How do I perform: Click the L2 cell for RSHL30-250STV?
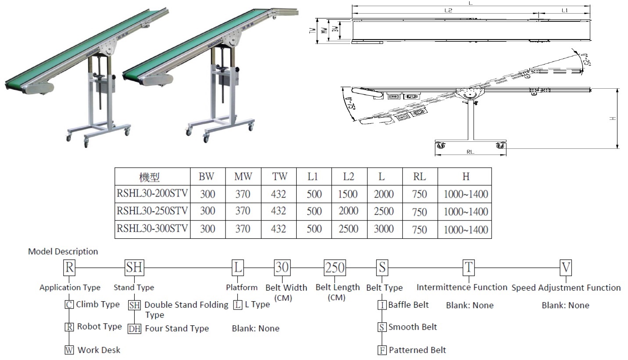[x=348, y=211]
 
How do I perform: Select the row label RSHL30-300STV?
[x=152, y=228]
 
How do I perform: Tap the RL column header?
[x=420, y=176]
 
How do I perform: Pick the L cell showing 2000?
[x=383, y=194]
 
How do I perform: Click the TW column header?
[x=279, y=176]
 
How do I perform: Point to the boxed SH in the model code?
[x=134, y=267]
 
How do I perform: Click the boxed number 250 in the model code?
[x=335, y=267]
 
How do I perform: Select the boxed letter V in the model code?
[x=566, y=267]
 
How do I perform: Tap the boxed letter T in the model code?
[x=469, y=267]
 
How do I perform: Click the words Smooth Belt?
[x=413, y=327]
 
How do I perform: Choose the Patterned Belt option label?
[x=417, y=350]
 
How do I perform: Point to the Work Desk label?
[x=99, y=350]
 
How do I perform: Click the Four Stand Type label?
[x=177, y=328]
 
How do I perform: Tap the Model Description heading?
[x=63, y=252]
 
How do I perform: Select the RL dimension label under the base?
[x=470, y=152]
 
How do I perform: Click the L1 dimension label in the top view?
[x=564, y=10]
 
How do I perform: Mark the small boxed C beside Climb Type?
[x=69, y=305]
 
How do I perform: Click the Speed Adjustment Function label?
[x=566, y=288]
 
